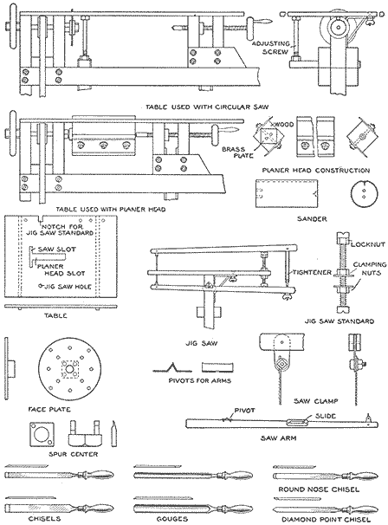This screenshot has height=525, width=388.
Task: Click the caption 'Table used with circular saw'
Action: pyautogui.click(x=207, y=107)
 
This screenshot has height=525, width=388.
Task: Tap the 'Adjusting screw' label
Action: pyautogui.click(x=271, y=48)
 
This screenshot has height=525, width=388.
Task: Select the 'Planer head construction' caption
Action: pyautogui.click(x=316, y=171)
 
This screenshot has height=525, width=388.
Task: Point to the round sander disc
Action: pyautogui.click(x=365, y=194)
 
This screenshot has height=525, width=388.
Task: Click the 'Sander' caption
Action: pyautogui.click(x=312, y=219)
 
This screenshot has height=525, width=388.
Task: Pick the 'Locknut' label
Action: pyautogui.click(x=368, y=244)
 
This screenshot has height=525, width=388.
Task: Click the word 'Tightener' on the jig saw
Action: pyautogui.click(x=312, y=272)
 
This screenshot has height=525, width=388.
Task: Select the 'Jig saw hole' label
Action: pyautogui.click(x=68, y=287)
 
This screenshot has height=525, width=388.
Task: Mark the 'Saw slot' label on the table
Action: pyautogui.click(x=56, y=250)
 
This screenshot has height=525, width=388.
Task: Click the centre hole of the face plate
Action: pyautogui.click(x=69, y=368)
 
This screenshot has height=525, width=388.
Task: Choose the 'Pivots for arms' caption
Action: pyautogui.click(x=200, y=380)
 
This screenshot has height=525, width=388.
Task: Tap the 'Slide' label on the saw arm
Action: pyautogui.click(x=326, y=416)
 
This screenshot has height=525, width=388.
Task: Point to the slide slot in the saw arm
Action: pyautogui.click(x=296, y=423)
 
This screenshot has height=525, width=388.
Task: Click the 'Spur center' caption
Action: pyautogui.click(x=74, y=454)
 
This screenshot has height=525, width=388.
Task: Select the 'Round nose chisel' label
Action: pyautogui.click(x=319, y=489)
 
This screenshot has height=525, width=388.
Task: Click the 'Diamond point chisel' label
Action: pyautogui.click(x=322, y=519)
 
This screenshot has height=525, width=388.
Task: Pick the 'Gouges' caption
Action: pyautogui.click(x=172, y=519)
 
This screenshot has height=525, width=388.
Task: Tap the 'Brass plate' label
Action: pyautogui.click(x=237, y=152)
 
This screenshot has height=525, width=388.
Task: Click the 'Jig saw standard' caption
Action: pyautogui.click(x=339, y=321)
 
